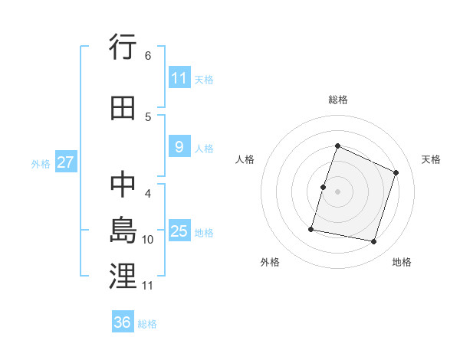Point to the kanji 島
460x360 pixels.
tap(123, 230)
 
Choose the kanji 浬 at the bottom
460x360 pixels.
tap(123, 277)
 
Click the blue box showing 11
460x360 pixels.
tap(179, 78)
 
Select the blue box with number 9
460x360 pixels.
tap(179, 148)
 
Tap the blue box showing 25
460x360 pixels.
tap(179, 231)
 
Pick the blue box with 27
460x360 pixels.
tap(65, 162)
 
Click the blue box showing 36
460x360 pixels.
tap(123, 322)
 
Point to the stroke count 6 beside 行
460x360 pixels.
tap(148, 55)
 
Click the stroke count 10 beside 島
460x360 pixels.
tap(149, 239)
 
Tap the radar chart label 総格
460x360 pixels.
tap(337, 100)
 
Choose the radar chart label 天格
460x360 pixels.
tap(431, 159)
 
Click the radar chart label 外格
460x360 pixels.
tap(270, 262)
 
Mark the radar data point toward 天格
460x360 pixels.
tap(396, 172)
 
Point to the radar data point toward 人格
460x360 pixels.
tap(324, 187)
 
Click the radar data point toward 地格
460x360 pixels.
tap(373, 241)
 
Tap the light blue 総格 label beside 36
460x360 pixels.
tap(147, 324)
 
